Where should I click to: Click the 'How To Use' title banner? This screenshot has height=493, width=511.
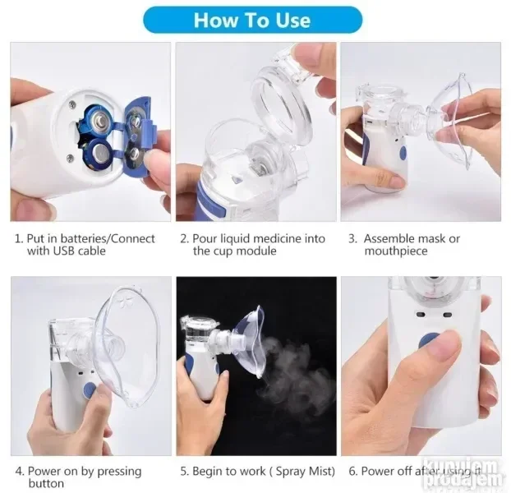(252, 19)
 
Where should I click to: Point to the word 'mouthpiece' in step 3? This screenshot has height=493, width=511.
(396, 251)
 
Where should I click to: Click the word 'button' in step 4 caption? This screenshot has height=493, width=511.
(46, 484)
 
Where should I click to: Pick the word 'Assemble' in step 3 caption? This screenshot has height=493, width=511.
(389, 239)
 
